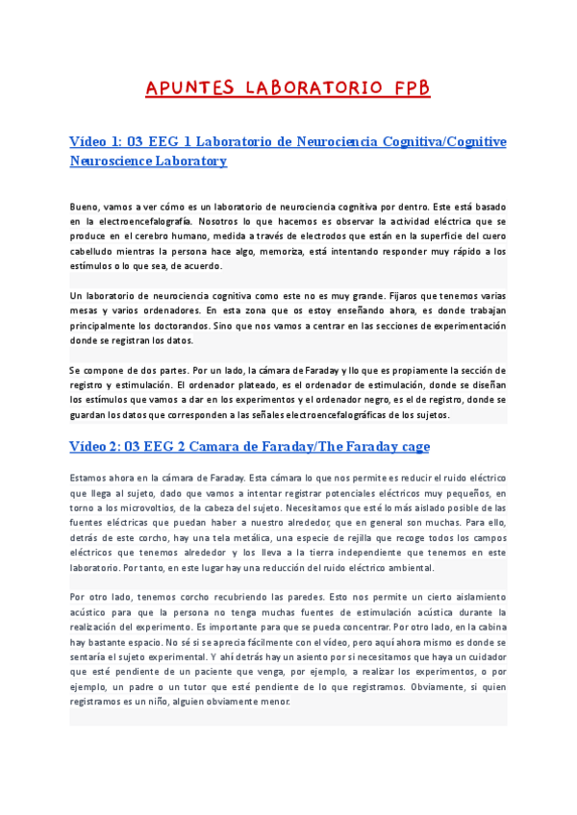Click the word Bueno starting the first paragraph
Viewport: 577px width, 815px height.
coord(84,207)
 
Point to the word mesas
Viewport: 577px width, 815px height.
coord(86,310)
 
